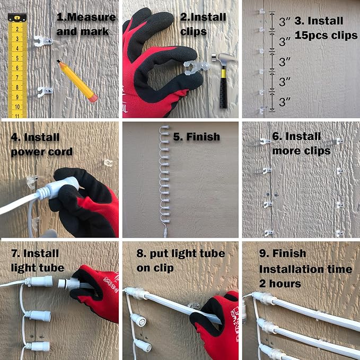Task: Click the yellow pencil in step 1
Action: (77, 81)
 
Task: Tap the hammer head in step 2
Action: (224, 59)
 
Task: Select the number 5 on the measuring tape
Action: (17, 58)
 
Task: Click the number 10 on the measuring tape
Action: (17, 107)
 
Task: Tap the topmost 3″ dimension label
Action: (285, 21)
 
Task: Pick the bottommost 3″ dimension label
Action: (285, 102)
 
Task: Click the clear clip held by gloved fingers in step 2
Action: (196, 68)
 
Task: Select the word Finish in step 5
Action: (203, 137)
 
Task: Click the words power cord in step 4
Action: (42, 152)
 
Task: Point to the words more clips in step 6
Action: (301, 151)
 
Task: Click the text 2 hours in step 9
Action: (280, 284)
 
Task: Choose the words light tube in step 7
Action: (38, 268)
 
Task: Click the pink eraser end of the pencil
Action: (93, 98)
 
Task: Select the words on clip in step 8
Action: (155, 268)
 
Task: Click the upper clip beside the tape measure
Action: (43, 41)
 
